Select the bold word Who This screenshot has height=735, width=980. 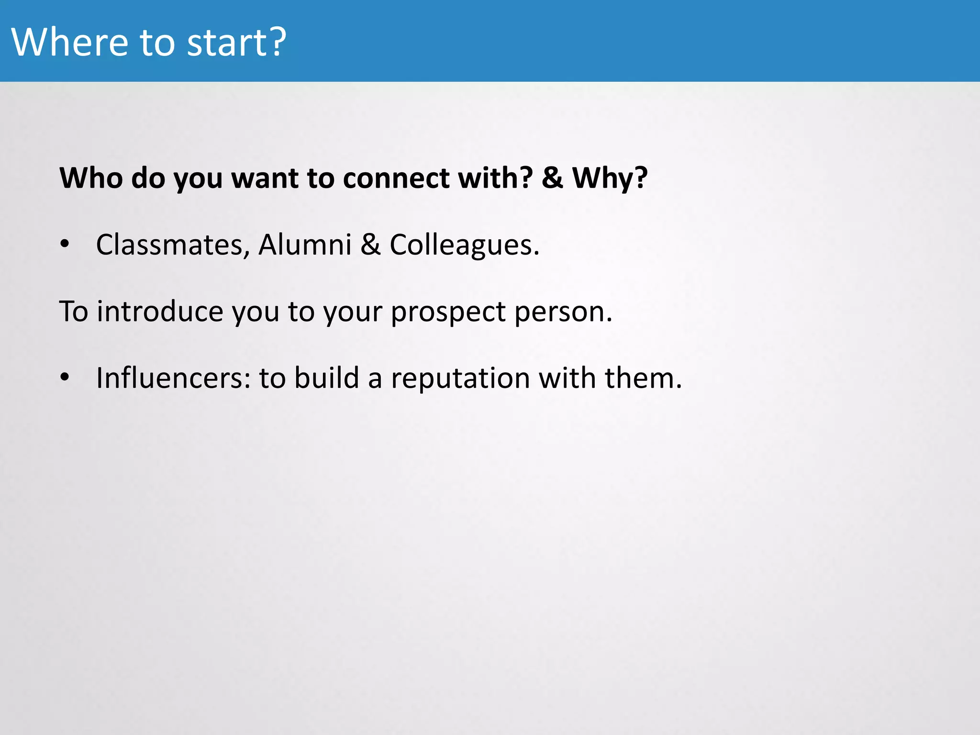91,178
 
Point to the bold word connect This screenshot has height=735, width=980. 396,178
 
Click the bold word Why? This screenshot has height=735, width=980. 610,178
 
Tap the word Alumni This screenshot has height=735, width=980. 305,245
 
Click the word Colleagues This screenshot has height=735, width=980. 464,245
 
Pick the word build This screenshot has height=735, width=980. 326,378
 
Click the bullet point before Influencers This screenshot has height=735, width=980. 65,378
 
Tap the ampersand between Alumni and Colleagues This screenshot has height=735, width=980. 370,245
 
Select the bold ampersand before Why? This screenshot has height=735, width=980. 552,178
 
